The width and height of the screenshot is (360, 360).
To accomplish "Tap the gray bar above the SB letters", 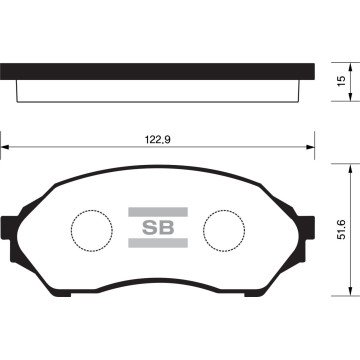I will tap(151, 211).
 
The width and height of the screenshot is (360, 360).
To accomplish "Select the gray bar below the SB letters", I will tap(151, 243).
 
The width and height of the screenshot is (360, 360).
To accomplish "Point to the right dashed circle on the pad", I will tap(223, 230).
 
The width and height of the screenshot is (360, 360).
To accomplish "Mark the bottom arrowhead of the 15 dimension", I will tap(331, 102).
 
